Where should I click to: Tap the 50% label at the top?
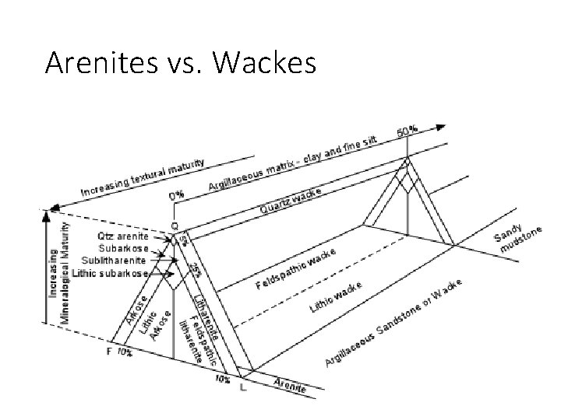tap(407, 131)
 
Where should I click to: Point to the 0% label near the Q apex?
tap(177, 195)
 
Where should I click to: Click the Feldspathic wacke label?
tap(296, 268)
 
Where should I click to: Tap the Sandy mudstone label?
tap(520, 231)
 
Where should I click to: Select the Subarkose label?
tap(122, 248)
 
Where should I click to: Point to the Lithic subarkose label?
tap(110, 273)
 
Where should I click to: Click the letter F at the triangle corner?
tap(108, 352)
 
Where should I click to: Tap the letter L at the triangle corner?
tap(244, 387)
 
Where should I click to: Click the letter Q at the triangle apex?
tap(174, 226)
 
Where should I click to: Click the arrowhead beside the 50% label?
tap(444, 126)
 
